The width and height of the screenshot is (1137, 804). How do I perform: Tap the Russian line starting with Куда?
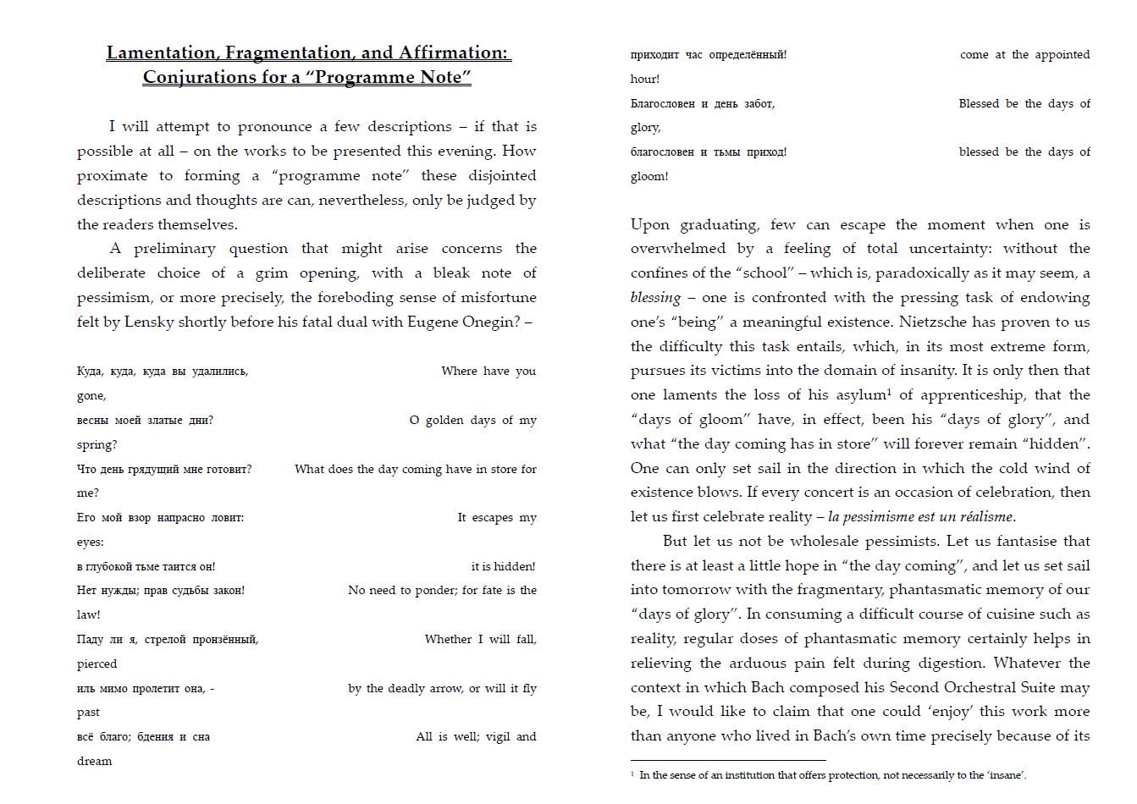(162, 371)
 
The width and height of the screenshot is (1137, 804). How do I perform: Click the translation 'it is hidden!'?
(503, 566)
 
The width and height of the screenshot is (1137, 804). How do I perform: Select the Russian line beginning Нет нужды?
(160, 590)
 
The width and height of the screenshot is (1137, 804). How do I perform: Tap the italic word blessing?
(655, 297)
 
